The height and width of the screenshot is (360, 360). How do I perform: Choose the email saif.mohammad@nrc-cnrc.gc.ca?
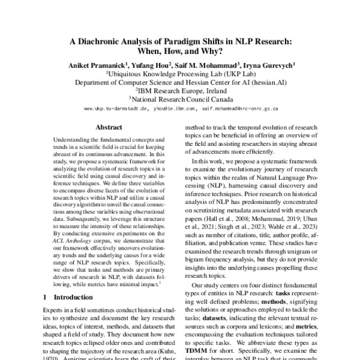pos(239,110)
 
